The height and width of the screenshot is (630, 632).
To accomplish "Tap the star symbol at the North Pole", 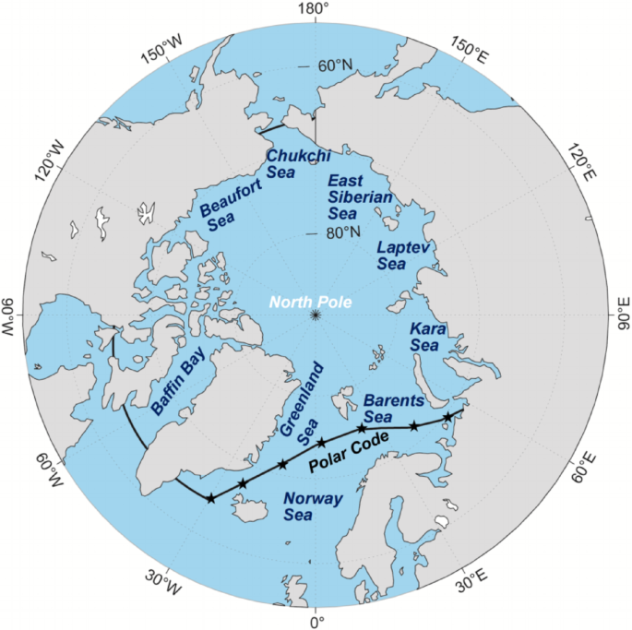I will pos(316,315).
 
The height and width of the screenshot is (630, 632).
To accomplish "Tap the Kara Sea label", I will pos(424,337).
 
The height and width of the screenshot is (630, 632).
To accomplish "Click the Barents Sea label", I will pos(393,409).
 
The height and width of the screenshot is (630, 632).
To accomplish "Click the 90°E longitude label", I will pos(622,315).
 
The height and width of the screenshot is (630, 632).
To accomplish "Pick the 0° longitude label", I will pos(316,622).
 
